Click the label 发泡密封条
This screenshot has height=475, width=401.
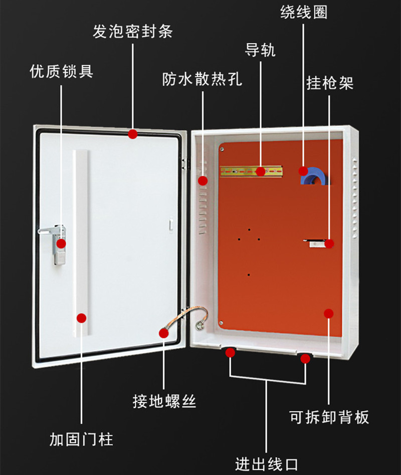click(132, 32)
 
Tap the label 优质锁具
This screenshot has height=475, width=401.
click(61, 71)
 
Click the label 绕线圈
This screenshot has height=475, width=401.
click(304, 12)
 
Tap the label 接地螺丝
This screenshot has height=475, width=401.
click(164, 401)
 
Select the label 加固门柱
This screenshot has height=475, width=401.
click(81, 439)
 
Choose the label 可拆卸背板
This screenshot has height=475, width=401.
click(329, 417)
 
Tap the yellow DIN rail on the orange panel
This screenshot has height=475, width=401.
click(251, 171)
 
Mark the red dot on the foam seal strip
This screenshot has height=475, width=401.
click(132, 134)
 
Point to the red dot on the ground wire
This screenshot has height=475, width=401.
click(164, 333)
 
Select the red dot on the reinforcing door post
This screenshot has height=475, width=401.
click(81, 318)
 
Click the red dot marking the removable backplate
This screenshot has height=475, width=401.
click(329, 314)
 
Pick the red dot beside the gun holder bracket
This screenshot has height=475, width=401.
click(329, 244)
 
